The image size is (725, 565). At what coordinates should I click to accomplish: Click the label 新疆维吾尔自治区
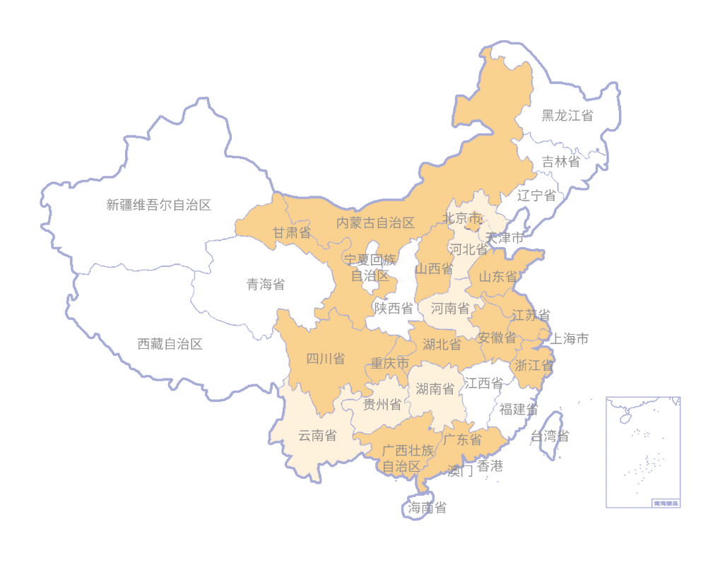[159, 206]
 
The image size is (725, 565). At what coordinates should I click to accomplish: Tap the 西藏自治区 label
[170, 345]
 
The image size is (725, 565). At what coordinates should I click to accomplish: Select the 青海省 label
[266, 285]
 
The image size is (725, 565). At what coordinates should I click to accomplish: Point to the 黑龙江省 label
[567, 116]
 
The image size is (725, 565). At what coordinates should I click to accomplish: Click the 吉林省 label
[560, 162]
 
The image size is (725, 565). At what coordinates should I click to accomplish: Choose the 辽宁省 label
[536, 196]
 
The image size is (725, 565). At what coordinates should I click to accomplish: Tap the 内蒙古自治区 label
[375, 223]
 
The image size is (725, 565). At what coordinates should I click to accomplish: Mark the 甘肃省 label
[292, 232]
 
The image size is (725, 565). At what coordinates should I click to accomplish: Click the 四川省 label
[325, 359]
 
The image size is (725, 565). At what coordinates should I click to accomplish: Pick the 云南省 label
[317, 436]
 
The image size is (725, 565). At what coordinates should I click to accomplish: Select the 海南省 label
[428, 508]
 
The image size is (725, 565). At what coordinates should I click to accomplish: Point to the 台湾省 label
[550, 436]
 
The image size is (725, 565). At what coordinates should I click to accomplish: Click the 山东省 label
[498, 277]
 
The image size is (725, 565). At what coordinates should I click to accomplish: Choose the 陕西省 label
[394, 308]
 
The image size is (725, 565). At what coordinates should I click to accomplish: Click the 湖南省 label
[435, 388]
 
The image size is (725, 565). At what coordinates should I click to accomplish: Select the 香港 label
[490, 466]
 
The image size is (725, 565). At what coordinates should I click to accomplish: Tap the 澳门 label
[460, 471]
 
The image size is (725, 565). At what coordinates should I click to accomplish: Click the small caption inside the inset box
[666, 503]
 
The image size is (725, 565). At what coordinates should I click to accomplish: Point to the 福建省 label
[519, 410]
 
